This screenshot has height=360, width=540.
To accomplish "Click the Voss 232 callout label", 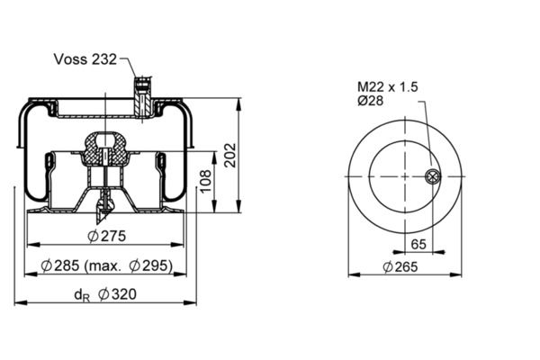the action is (85, 59).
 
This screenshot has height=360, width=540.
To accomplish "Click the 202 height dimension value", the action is (230, 156).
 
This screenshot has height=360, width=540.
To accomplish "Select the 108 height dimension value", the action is (205, 182).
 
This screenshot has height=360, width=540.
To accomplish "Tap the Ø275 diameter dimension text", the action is (107, 237).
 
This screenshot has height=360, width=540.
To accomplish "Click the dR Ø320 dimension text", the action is (105, 295).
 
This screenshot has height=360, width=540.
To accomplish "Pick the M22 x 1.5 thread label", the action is (387, 86).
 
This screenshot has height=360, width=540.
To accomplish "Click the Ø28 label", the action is (370, 101).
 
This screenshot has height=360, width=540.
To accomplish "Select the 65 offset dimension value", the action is (418, 244).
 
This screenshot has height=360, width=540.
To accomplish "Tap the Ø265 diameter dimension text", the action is (400, 267).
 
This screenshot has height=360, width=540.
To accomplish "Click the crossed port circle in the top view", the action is (432, 176).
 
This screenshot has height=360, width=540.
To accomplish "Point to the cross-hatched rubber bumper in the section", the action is (105, 148).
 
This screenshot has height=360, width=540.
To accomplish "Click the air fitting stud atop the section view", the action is (142, 97).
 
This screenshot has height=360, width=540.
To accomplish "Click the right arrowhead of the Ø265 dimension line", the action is (455, 274).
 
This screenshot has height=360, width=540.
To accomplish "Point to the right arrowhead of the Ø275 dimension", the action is (177, 245).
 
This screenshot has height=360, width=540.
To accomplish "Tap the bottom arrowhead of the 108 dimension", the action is (214, 207).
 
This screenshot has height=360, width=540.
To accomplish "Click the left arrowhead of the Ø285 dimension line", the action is (31, 274).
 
